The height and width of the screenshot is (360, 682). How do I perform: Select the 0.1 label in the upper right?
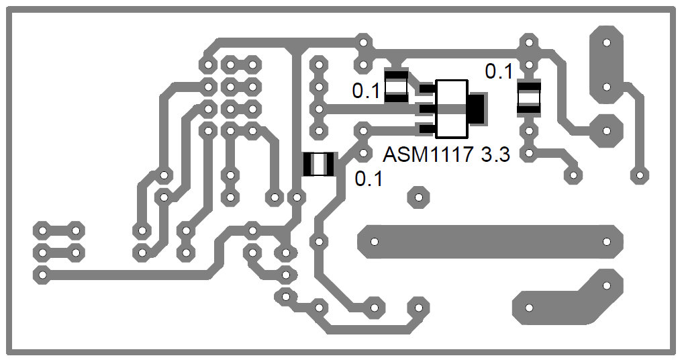pos(499,71)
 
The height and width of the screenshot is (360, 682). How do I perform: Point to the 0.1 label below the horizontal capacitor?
pos(369,179)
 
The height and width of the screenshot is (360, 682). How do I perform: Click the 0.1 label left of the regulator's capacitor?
pos(367,91)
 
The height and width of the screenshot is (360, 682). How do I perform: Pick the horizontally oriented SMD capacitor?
pos(318,164)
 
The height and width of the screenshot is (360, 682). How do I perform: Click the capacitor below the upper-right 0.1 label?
pos(529,97)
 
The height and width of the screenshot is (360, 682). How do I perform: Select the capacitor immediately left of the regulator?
pos(396,86)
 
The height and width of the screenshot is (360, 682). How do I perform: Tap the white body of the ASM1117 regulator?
pos(451,108)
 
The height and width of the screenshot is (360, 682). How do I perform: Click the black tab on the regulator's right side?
pos(477,108)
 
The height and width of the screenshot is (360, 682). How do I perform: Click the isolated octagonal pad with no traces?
pos(418,197)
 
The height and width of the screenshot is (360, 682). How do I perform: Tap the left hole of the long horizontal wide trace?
pos(373,241)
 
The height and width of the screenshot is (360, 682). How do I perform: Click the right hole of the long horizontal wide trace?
pos(607,241)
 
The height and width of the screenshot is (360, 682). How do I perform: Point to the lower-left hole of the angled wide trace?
pos(529,308)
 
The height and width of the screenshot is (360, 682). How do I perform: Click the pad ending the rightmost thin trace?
pos(640,176)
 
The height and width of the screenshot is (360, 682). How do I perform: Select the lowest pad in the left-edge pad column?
pos(42,275)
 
